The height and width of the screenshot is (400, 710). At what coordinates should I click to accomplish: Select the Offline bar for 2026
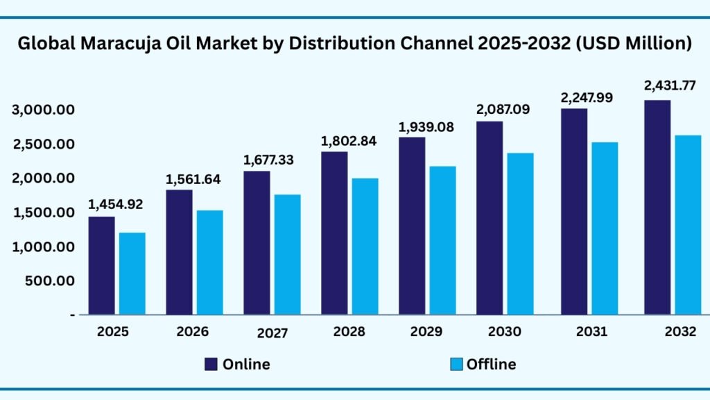tap(209, 262)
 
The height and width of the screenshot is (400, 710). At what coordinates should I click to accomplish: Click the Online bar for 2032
tap(657, 207)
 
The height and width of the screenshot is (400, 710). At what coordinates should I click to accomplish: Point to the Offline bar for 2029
tap(442, 240)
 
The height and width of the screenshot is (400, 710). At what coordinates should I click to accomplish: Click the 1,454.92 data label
tap(115, 204)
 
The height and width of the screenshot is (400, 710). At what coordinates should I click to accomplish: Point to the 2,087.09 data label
tap(503, 109)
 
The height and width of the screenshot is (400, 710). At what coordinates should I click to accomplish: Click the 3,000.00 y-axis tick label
tap(43, 110)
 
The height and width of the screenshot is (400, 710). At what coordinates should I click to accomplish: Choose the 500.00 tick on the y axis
tap(51, 281)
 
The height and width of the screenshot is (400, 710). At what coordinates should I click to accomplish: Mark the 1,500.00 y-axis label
tap(43, 213)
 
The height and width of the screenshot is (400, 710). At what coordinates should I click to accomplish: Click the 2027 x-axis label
tap(272, 333)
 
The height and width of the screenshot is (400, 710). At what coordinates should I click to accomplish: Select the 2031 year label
tap(591, 332)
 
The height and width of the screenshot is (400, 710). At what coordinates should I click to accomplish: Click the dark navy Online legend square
tap(211, 364)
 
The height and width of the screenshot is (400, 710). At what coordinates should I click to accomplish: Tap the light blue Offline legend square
tap(456, 364)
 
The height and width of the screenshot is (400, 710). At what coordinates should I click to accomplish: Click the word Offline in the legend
tap(491, 364)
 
